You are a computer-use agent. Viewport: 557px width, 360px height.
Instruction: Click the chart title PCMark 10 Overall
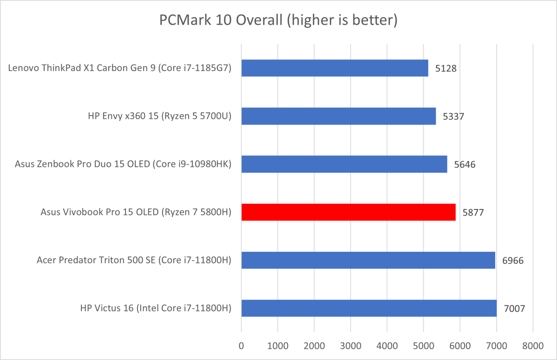[x=278, y=20]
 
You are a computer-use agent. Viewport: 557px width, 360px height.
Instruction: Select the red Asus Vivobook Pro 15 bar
[x=348, y=212]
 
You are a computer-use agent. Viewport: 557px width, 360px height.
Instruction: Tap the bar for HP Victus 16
[x=369, y=308]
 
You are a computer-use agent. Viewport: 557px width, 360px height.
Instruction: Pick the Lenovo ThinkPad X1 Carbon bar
[x=334, y=68]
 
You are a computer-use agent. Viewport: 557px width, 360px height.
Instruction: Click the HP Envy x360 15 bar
[x=338, y=116]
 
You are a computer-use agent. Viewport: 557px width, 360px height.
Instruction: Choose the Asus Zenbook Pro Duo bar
[x=344, y=164]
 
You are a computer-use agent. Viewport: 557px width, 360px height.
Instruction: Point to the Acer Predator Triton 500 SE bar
[x=368, y=260]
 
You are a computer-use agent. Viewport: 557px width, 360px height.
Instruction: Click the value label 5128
[x=446, y=68]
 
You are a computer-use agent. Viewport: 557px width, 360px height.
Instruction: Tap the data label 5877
[x=473, y=212]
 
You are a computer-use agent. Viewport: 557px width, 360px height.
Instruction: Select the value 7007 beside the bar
[x=514, y=308]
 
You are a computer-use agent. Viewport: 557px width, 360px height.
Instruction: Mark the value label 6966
[x=513, y=261]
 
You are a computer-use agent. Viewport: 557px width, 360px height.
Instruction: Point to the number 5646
[x=465, y=164]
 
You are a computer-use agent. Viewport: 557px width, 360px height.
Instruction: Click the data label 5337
[x=453, y=117]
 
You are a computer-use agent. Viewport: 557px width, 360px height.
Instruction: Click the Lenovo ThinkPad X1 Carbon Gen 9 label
[x=120, y=68]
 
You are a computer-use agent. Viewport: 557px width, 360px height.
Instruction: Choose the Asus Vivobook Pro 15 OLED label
[x=136, y=212]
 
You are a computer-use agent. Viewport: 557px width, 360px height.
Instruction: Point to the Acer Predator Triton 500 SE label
[x=134, y=260]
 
